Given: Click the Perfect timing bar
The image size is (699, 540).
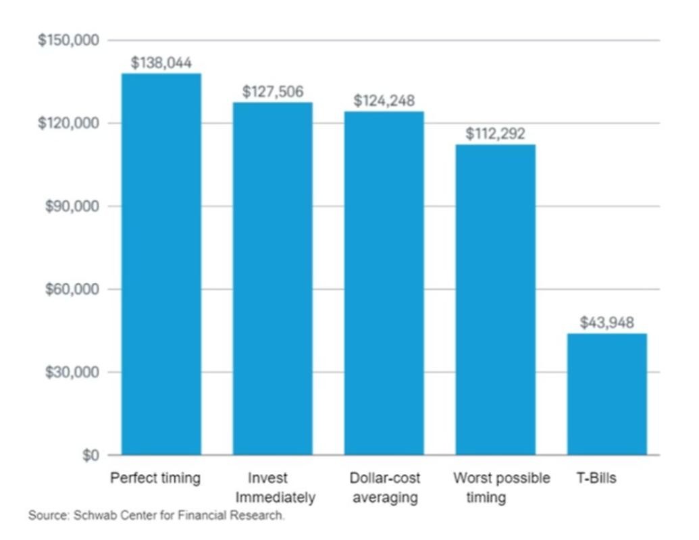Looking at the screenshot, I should [161, 264].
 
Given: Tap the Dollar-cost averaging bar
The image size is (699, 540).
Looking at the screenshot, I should [384, 283].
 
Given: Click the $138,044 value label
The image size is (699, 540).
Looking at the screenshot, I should [161, 63].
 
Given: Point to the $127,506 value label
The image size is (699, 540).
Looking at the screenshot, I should [273, 92].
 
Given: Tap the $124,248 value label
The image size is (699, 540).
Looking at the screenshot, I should [384, 101].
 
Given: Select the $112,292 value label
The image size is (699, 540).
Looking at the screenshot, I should [496, 134].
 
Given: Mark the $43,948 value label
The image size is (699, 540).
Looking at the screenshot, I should [607, 323].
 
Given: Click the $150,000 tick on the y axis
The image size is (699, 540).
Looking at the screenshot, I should [69, 40].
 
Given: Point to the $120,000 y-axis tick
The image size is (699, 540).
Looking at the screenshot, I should [69, 124].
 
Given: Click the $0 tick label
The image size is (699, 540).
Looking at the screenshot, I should [90, 456].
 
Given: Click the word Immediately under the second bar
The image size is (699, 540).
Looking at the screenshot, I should [275, 499].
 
